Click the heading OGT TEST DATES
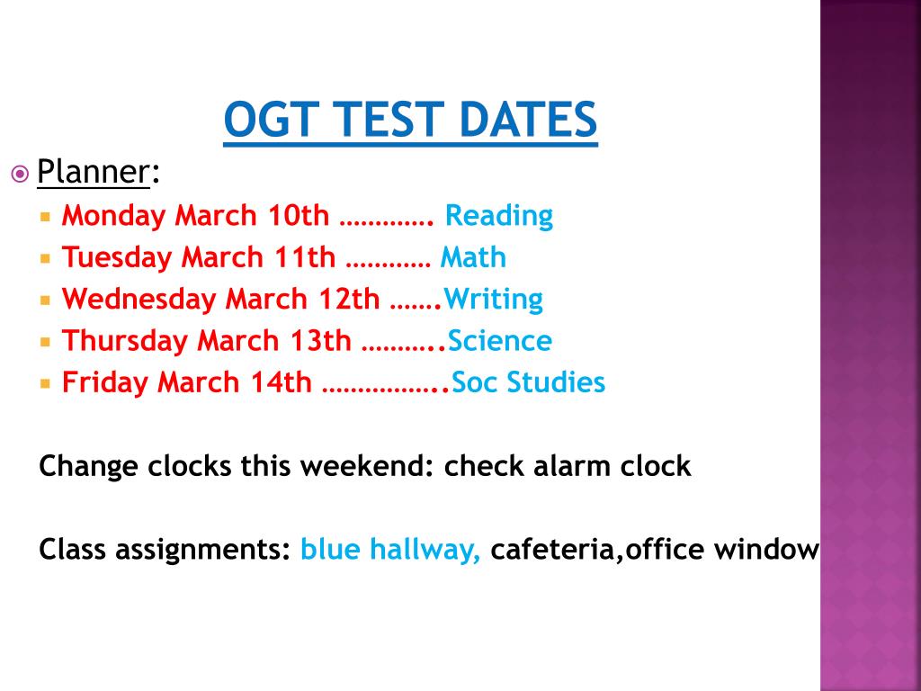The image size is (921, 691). (x=410, y=121)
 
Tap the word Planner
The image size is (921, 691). (x=93, y=171)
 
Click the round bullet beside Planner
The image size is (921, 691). (x=20, y=172)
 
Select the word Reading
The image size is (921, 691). (x=499, y=216)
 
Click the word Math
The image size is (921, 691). (x=473, y=257)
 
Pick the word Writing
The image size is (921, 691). (x=494, y=300)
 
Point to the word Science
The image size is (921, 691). (x=500, y=341)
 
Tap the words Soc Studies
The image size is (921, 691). (x=529, y=382)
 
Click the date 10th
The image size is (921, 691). (x=299, y=216)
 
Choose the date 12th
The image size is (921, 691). (x=350, y=299)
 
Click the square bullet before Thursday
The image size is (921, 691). (x=46, y=341)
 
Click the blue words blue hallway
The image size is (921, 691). (x=390, y=549)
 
